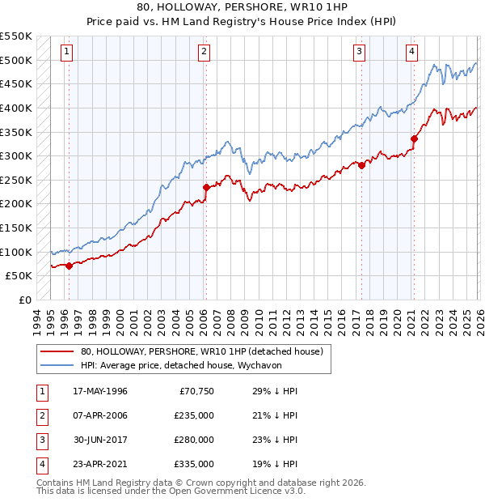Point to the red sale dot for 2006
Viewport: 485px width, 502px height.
pyautogui.click(x=206, y=187)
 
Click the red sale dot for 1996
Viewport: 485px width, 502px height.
pyautogui.click(x=69, y=265)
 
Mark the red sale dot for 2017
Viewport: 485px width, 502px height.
pyautogui.click(x=361, y=166)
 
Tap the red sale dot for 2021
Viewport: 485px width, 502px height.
pyautogui.click(x=414, y=139)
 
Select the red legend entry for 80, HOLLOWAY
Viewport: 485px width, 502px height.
pyautogui.click(x=201, y=351)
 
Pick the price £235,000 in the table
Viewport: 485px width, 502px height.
pyautogui.click(x=194, y=415)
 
